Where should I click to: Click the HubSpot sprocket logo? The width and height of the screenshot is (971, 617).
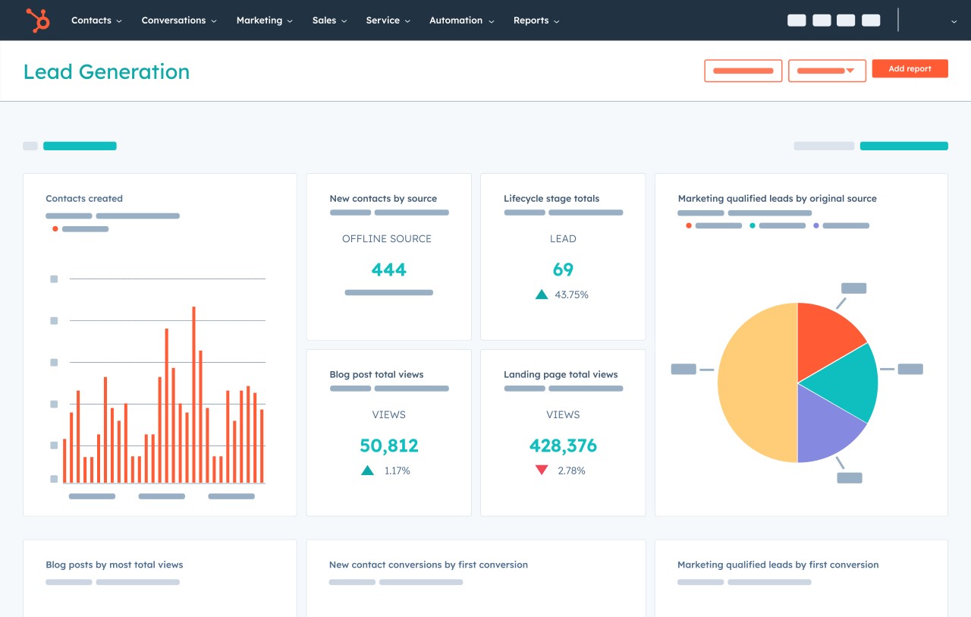[37, 20]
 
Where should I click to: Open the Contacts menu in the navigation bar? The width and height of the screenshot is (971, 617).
[96, 20]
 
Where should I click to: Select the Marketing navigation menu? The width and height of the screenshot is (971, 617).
[264, 20]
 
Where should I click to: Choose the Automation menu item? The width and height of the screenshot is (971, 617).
[461, 20]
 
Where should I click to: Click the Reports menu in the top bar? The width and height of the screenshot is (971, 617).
[536, 20]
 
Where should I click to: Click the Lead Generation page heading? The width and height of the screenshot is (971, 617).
[106, 72]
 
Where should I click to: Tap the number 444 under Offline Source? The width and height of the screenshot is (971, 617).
[388, 269]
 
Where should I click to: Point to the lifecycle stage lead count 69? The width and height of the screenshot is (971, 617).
[563, 269]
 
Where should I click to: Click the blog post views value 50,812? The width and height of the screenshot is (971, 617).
[388, 445]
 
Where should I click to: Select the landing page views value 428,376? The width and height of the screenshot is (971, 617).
[563, 445]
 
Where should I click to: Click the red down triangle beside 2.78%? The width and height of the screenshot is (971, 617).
[542, 471]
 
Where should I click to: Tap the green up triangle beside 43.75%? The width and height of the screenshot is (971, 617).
[542, 294]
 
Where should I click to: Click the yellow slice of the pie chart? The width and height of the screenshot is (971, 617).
[755, 383]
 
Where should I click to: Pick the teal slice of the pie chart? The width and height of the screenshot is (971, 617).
[846, 379]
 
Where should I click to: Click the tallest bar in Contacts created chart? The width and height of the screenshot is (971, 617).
[193, 395]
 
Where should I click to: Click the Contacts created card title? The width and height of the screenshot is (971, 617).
[84, 199]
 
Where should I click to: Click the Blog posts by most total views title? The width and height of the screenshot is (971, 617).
[115, 565]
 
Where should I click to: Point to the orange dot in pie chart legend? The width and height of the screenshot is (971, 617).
[689, 225]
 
